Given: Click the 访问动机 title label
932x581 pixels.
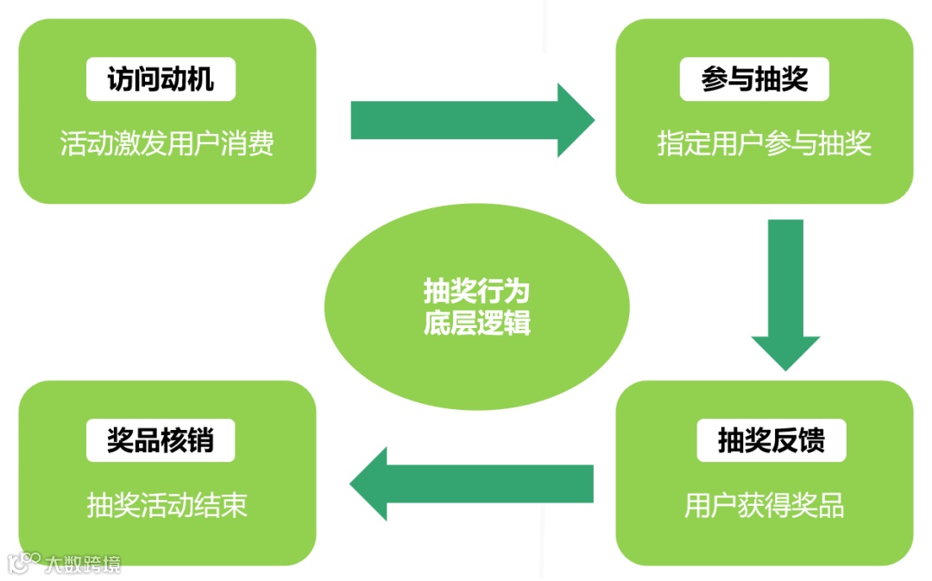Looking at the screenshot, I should (x=161, y=80).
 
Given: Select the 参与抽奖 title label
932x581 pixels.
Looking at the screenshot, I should (x=755, y=80).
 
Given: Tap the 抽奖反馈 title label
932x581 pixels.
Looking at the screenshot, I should (x=771, y=440).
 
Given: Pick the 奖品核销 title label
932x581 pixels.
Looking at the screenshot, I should (x=161, y=440).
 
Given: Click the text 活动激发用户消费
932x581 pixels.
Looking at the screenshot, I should (x=167, y=142).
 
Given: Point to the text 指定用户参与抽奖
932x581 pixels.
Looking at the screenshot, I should (x=764, y=142).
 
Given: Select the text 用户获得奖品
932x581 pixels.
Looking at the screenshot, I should (x=764, y=505).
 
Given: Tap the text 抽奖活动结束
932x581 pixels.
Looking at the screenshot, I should (x=167, y=505).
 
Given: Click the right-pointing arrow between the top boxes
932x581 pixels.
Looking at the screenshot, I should (x=471, y=120).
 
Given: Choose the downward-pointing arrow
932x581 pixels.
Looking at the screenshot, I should (x=785, y=294).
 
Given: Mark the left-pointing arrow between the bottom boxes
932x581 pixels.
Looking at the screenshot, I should (x=471, y=483).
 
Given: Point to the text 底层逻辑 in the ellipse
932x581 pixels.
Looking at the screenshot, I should (x=476, y=323).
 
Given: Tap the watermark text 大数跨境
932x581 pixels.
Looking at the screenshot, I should (x=83, y=565).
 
